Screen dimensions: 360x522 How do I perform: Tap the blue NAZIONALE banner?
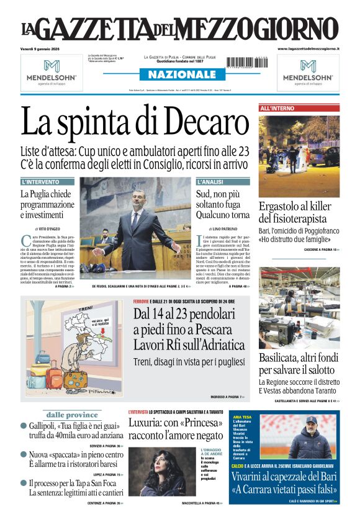[x=179, y=74]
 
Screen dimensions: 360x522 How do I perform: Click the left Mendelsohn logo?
[x=52, y=71]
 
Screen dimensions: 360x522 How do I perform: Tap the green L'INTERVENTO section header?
[x=40, y=182]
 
